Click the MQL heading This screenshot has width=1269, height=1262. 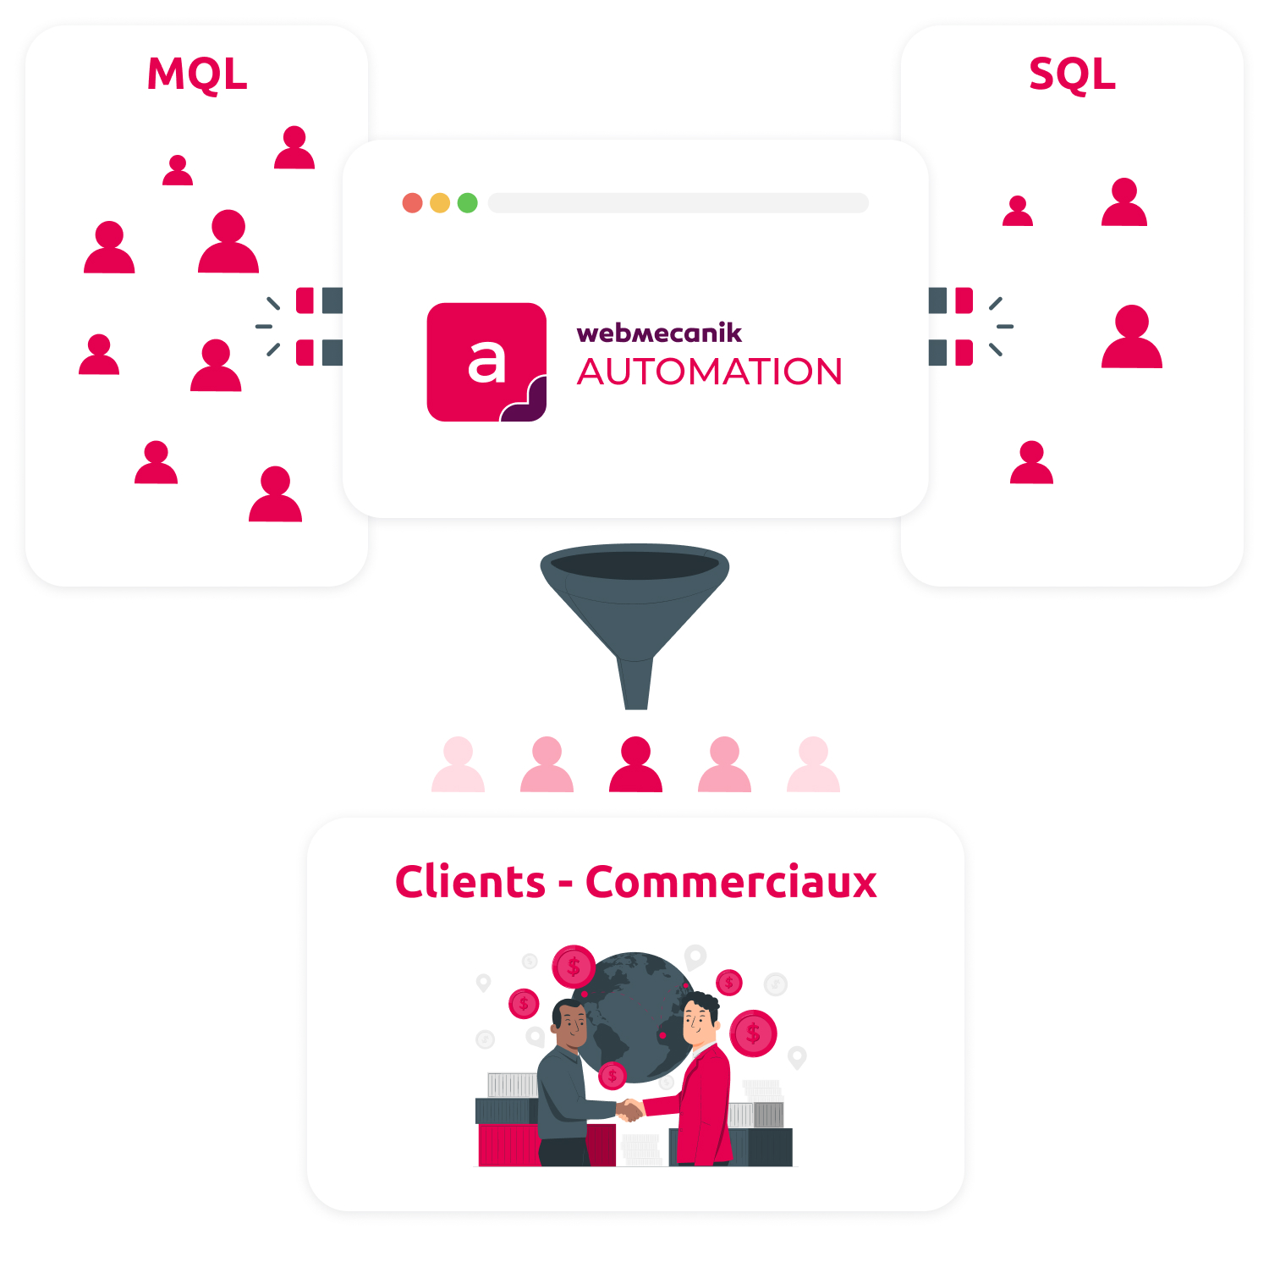[x=197, y=74]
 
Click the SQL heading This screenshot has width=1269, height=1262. [x=1073, y=75]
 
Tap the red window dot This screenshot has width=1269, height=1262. [x=413, y=203]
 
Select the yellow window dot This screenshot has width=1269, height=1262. [x=440, y=203]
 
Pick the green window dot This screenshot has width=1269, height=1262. [x=468, y=203]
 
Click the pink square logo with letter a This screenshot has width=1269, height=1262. [x=486, y=362]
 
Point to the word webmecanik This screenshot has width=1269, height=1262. [x=659, y=333]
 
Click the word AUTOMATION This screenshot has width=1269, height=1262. [x=710, y=372]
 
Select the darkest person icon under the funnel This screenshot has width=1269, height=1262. [x=635, y=764]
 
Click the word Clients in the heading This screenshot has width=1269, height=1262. [x=470, y=882]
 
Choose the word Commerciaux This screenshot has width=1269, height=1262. [x=731, y=882]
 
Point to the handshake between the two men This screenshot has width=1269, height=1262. [x=629, y=1110]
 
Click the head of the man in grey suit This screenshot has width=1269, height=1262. [x=570, y=1024]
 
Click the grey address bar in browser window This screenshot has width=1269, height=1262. [x=678, y=203]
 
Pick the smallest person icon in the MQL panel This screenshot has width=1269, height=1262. [x=178, y=170]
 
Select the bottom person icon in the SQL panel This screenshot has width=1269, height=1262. [x=1032, y=462]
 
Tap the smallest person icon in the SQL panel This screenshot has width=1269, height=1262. [x=1018, y=211]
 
